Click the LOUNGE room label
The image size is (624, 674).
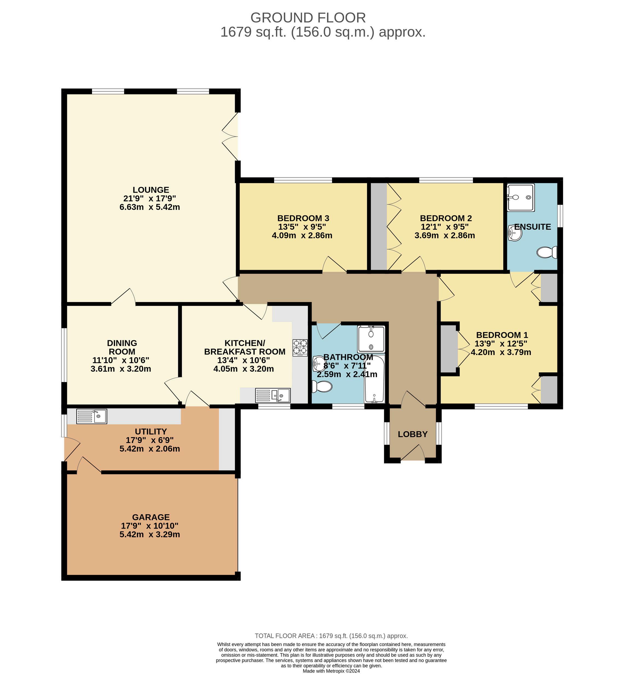[151, 190]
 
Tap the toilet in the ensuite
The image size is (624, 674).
[547, 252]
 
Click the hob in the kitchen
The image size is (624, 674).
[300, 347]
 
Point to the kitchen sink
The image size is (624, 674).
[273, 395]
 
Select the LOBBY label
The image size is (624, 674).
[413, 434]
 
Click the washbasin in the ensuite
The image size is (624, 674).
[515, 233]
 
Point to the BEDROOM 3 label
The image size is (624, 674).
[303, 218]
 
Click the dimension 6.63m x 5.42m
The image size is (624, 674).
[150, 207]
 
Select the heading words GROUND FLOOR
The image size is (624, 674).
[308, 18]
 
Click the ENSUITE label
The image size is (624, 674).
[533, 227]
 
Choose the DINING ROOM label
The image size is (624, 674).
[122, 347]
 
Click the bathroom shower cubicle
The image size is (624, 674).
[371, 339]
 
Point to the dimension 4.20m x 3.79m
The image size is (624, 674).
[501, 352]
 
